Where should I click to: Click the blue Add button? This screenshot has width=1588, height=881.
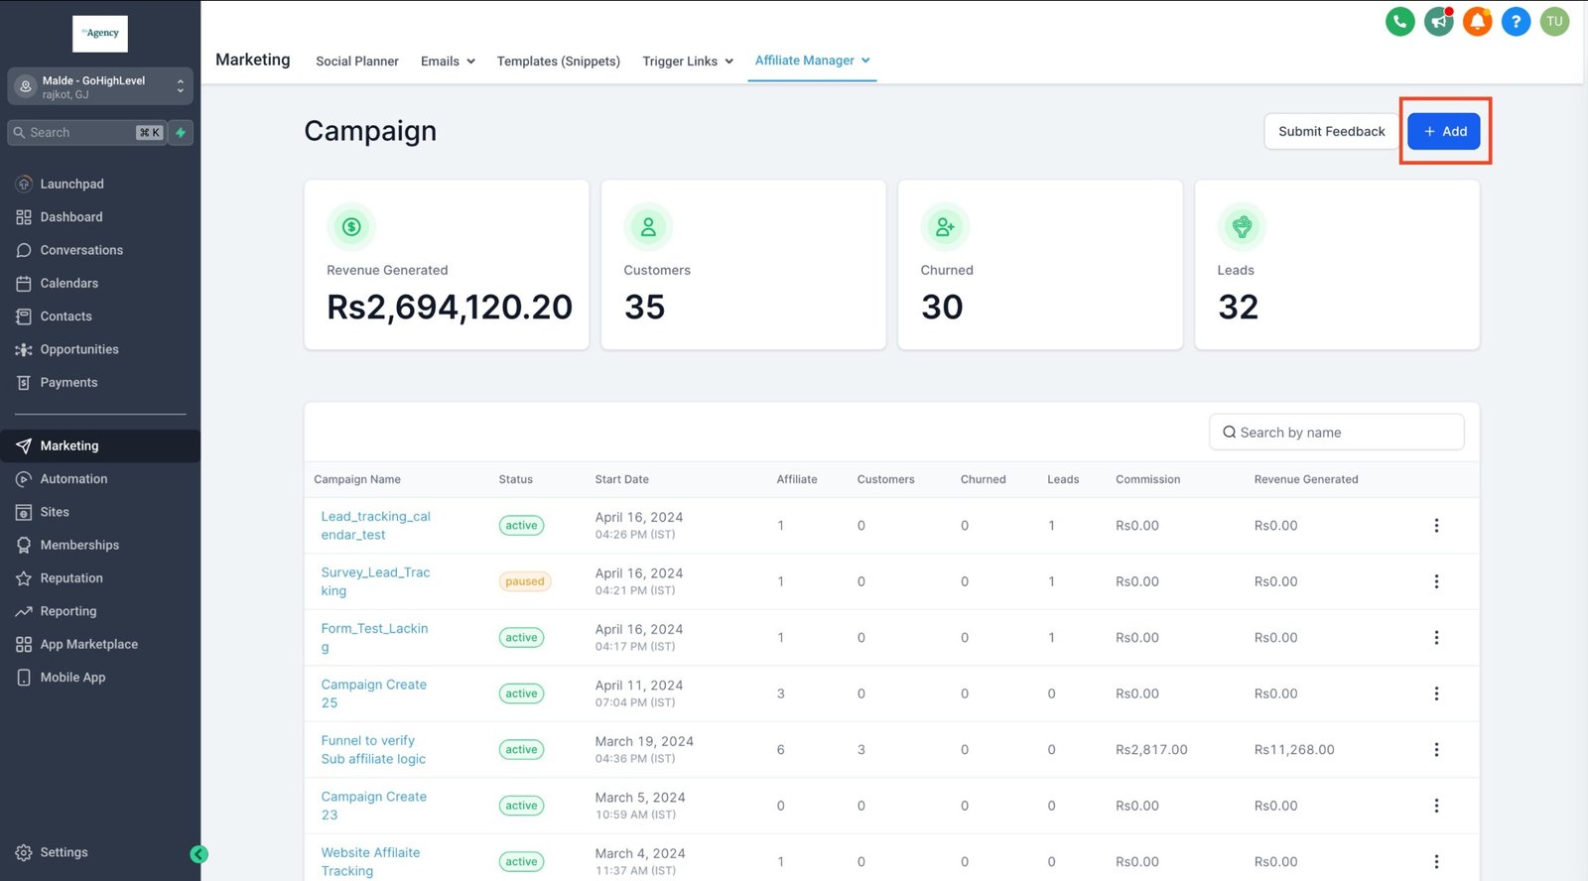click(x=1444, y=131)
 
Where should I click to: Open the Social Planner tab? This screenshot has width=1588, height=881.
click(x=357, y=62)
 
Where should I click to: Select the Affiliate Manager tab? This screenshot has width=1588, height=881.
click(x=805, y=61)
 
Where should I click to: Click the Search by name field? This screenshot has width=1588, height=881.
click(x=1336, y=433)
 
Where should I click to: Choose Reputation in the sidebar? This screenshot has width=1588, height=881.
click(x=71, y=578)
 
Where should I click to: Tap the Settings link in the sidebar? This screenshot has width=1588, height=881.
click(x=64, y=852)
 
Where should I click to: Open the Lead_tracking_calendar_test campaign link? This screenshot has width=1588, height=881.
click(x=375, y=526)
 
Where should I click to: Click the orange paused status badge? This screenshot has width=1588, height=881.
click(x=524, y=581)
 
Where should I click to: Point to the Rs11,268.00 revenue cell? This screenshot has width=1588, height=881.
click(x=1294, y=750)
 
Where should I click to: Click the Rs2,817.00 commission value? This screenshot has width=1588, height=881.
click(x=1151, y=750)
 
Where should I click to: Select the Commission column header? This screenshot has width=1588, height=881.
click(x=1147, y=479)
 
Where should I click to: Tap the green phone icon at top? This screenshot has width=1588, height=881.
click(x=1399, y=21)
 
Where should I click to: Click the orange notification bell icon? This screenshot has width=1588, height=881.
click(x=1477, y=21)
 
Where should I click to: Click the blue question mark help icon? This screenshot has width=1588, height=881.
click(x=1516, y=21)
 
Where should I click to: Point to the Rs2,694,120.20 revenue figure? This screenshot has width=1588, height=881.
click(x=450, y=308)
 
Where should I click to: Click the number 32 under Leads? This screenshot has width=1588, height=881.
click(x=1238, y=308)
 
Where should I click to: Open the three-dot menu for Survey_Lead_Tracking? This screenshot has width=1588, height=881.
click(x=1436, y=581)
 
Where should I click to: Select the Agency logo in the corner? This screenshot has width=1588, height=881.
click(x=100, y=34)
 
